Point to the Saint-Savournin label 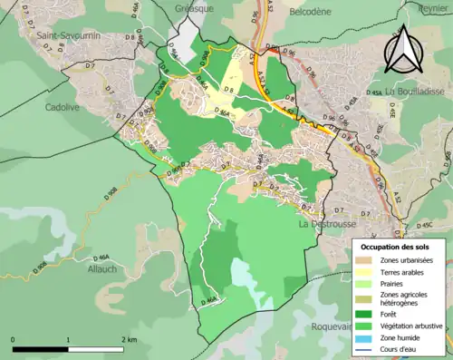pyautogui.click(x=67, y=37)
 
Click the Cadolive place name pyautogui.click(x=63, y=106)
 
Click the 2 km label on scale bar pyautogui.click(x=130, y=339)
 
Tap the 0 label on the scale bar pyautogui.click(x=14, y=339)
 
